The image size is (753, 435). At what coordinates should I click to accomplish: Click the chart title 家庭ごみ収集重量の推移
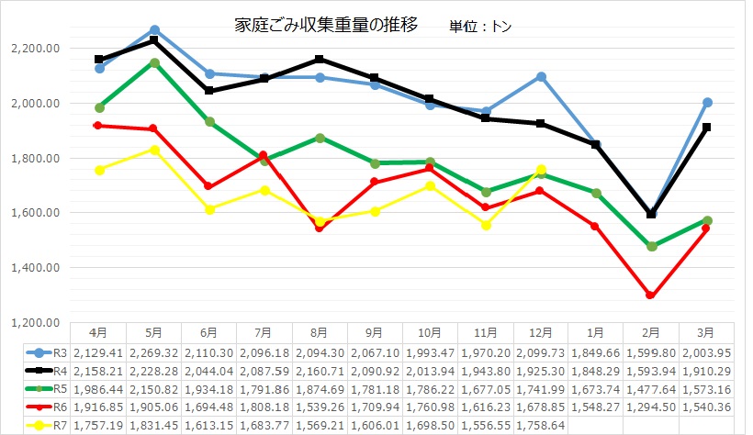[326, 25]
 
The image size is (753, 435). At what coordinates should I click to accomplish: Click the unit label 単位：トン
[481, 27]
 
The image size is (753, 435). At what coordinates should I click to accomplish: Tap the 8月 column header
[320, 331]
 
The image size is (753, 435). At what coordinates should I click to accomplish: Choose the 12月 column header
[541, 331]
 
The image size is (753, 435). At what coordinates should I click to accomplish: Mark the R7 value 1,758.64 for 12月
[541, 426]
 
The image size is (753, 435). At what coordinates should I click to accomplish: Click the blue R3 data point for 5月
[154, 30]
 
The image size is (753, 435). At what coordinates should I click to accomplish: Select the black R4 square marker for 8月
[320, 59]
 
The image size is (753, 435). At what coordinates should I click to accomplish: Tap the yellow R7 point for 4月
[99, 170]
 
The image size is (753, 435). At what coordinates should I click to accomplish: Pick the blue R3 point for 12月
[541, 76]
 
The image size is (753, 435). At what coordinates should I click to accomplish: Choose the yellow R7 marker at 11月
[486, 225]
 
